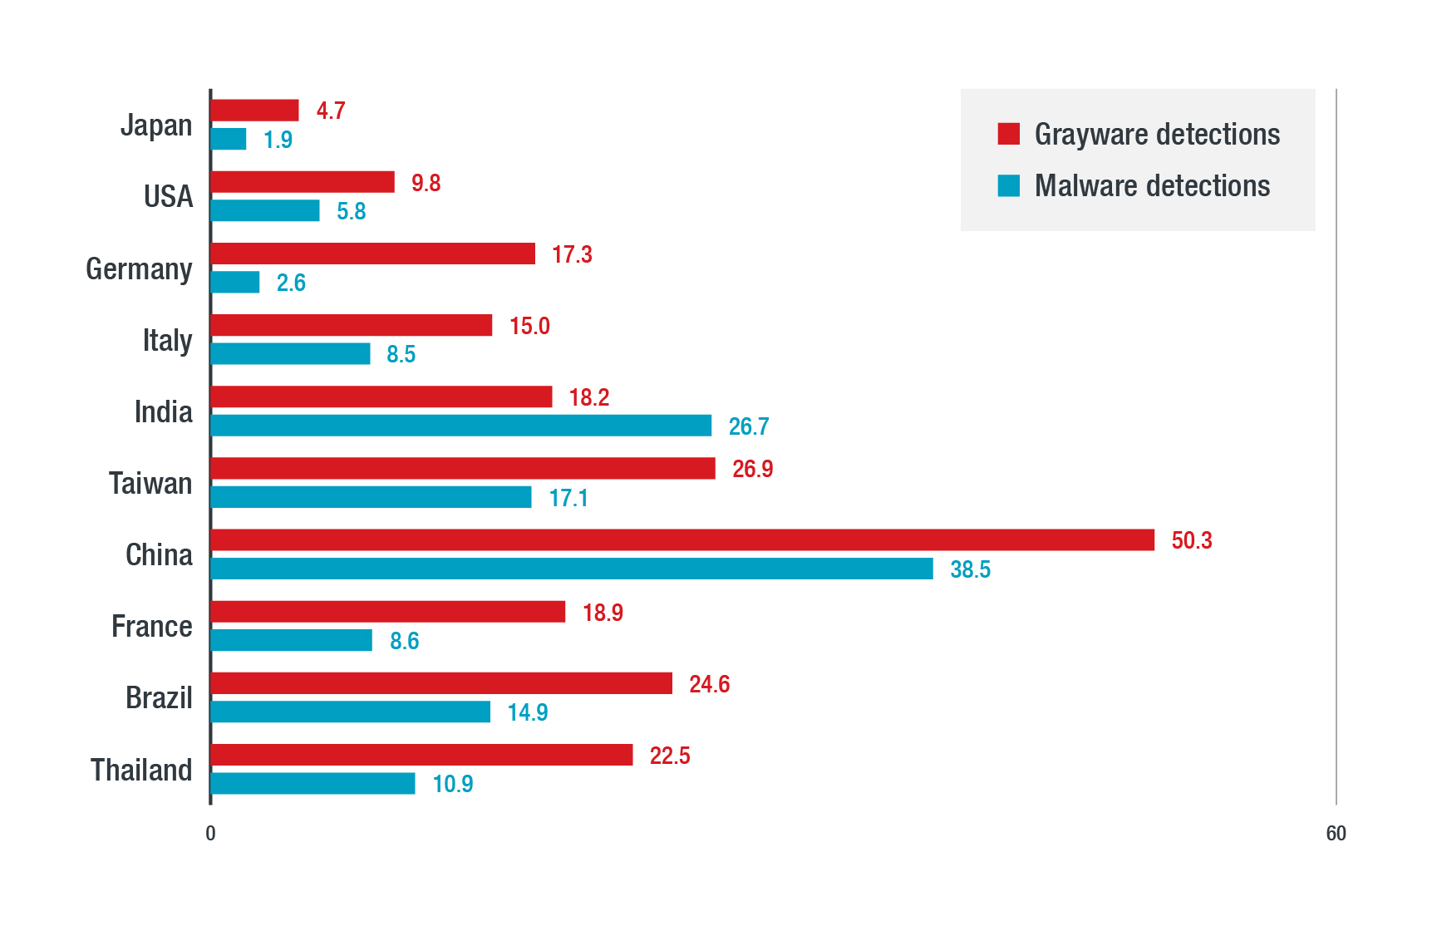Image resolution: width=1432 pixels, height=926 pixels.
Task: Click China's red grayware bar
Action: (x=682, y=540)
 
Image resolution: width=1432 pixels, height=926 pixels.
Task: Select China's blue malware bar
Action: (x=572, y=569)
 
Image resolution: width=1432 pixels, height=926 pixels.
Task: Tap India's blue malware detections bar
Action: (x=460, y=426)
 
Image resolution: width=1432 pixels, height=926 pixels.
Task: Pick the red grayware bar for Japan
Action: (x=254, y=111)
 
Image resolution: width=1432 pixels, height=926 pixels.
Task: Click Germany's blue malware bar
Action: (x=235, y=283)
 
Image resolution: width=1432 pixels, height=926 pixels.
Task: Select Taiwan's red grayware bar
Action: (x=463, y=469)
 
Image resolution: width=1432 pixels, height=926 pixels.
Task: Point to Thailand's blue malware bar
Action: (x=312, y=784)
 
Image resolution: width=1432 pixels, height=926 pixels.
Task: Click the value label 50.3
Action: (x=1191, y=541)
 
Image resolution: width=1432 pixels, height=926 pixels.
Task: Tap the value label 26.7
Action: (x=748, y=426)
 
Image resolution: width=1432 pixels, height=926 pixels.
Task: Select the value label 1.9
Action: (x=278, y=140)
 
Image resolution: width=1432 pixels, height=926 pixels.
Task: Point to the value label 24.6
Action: (x=709, y=684)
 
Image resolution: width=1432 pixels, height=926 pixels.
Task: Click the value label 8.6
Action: (x=404, y=641)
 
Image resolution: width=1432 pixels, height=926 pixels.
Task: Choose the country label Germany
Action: (x=139, y=269)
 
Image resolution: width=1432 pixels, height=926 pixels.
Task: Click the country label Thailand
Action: (x=141, y=770)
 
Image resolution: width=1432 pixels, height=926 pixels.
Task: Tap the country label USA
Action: (x=168, y=197)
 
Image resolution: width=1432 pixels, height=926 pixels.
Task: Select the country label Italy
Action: (x=167, y=341)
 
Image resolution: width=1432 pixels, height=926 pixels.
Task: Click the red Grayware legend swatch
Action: (x=1008, y=134)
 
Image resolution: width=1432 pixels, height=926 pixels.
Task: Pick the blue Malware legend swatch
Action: (x=1008, y=185)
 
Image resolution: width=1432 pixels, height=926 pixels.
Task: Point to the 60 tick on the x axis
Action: (x=1336, y=833)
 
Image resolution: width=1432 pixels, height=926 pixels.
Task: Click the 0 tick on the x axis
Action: (x=210, y=833)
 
